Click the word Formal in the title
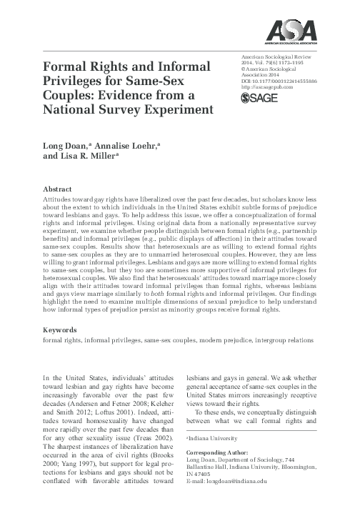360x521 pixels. point(69,66)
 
